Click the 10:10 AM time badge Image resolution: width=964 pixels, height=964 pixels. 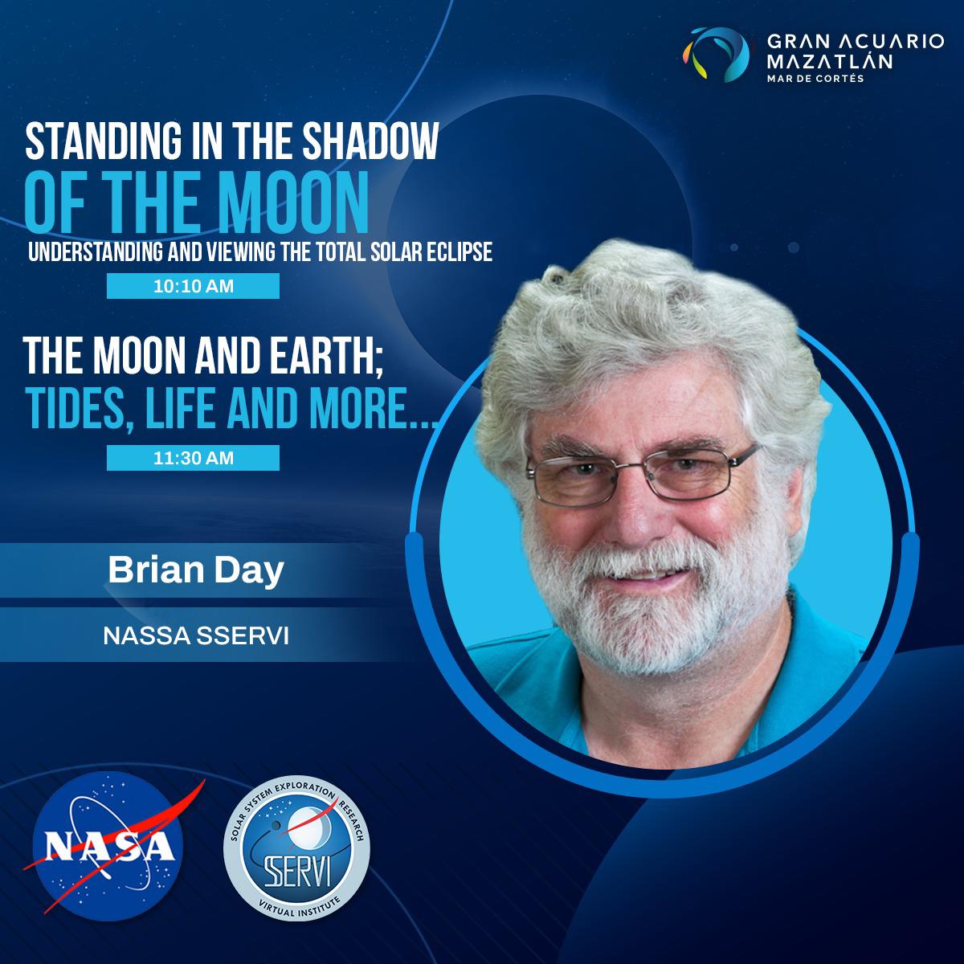pyautogui.click(x=193, y=286)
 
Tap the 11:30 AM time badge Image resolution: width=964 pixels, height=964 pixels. pyautogui.click(x=193, y=458)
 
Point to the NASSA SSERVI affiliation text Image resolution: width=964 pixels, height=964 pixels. pyautogui.click(x=196, y=635)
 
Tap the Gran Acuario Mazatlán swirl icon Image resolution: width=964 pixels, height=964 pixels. pyautogui.click(x=717, y=54)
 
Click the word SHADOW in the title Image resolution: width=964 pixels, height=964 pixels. pyautogui.click(x=371, y=141)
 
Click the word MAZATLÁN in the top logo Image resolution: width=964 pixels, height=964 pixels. pyautogui.click(x=830, y=61)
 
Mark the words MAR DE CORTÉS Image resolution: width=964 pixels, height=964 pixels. pyautogui.click(x=815, y=78)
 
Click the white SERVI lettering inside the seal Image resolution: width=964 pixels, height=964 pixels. pyautogui.click(x=296, y=871)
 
